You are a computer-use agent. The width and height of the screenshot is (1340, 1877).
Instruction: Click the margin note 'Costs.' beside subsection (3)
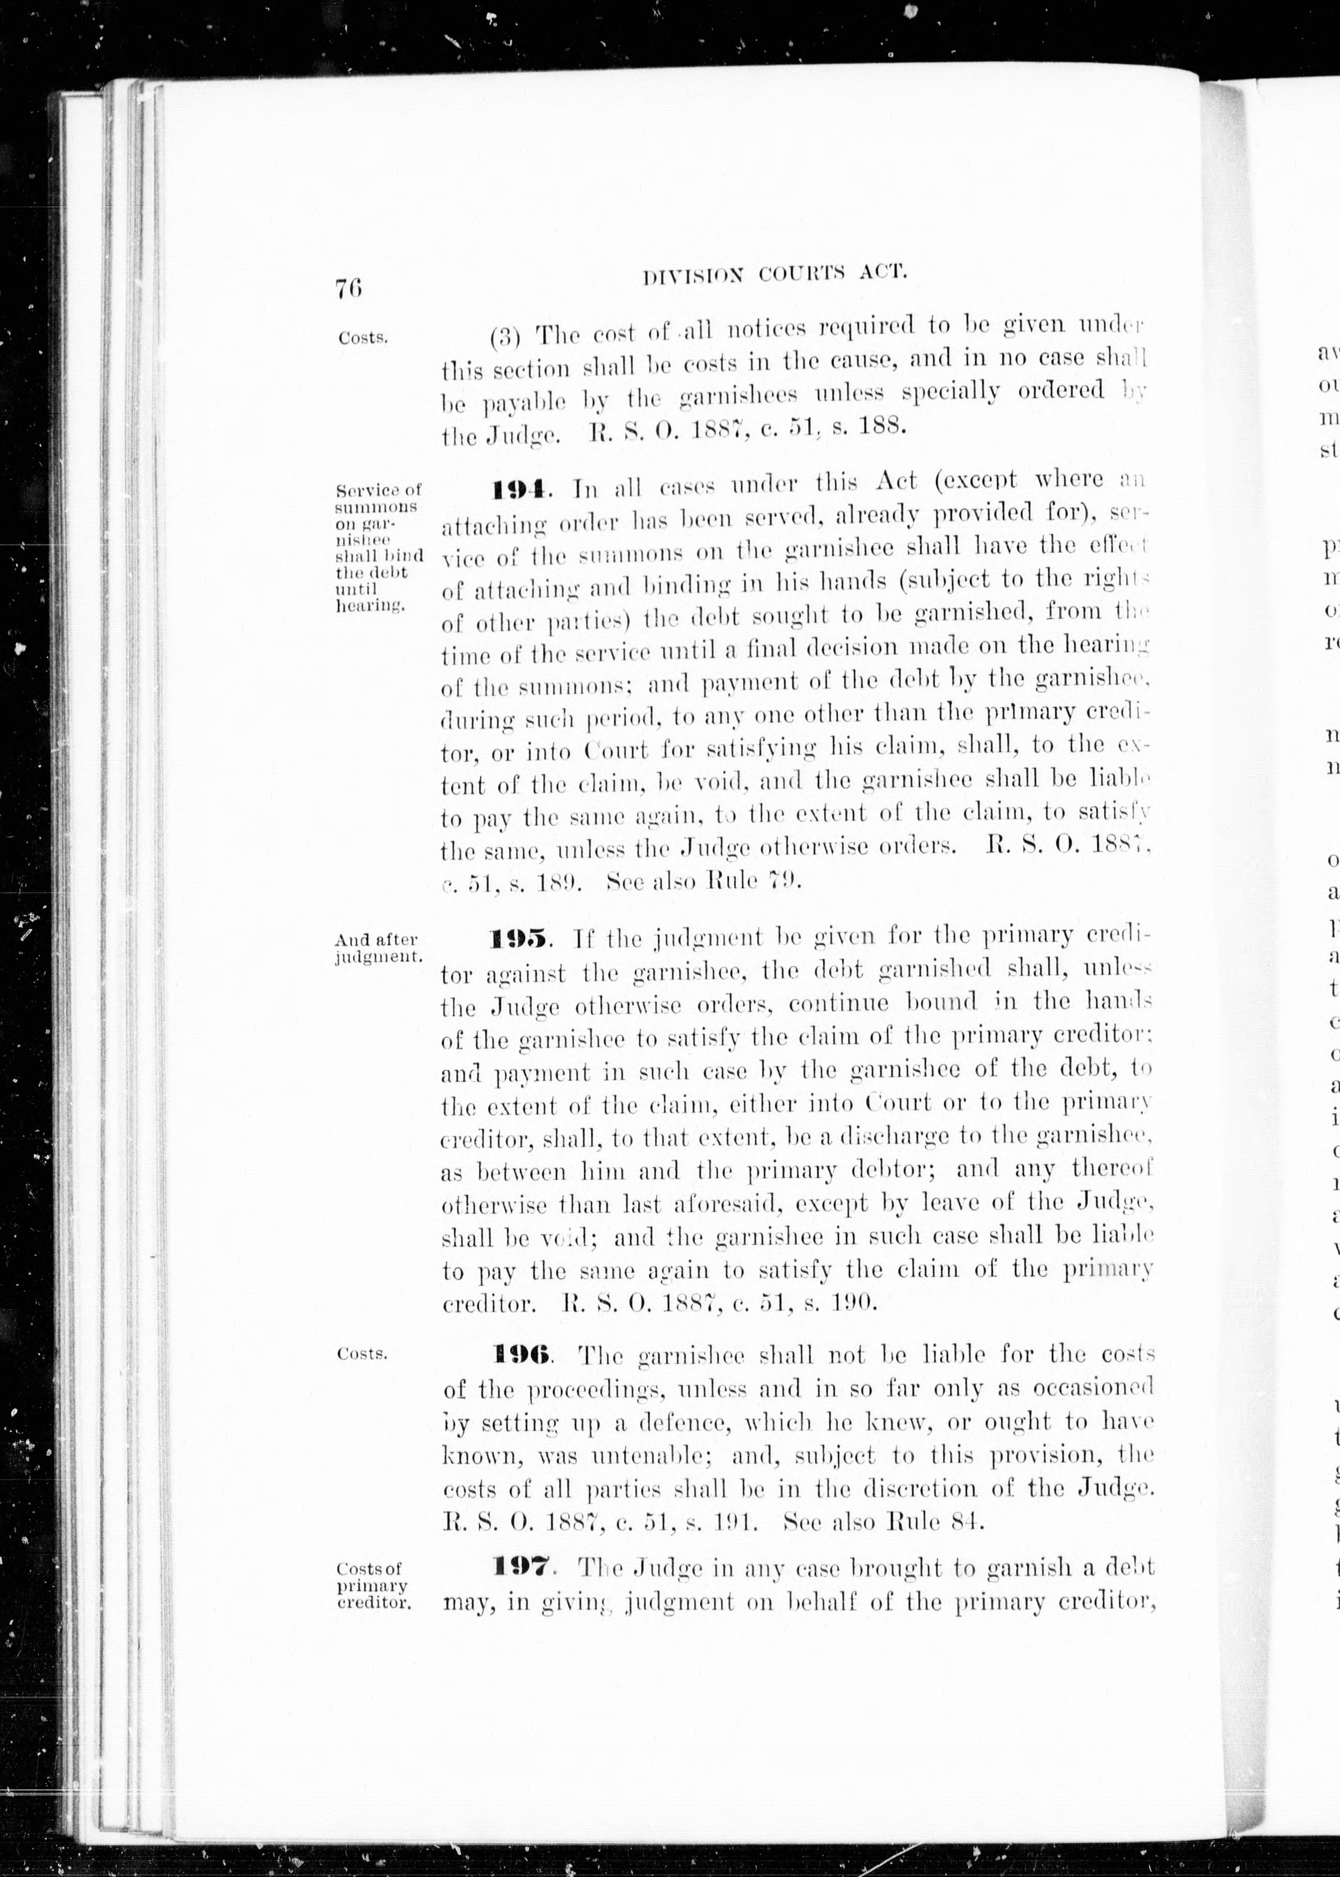pos(362,338)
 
